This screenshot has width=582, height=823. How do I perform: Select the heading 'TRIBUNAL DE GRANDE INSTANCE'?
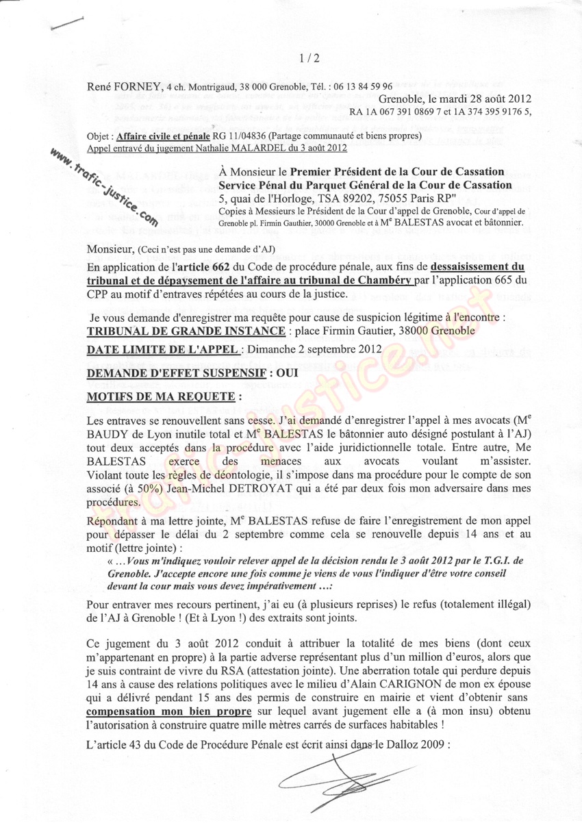pos(186,331)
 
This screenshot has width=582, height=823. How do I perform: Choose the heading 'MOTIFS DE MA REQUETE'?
pos(164,396)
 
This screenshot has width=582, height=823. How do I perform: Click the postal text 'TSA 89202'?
pos(346,199)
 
